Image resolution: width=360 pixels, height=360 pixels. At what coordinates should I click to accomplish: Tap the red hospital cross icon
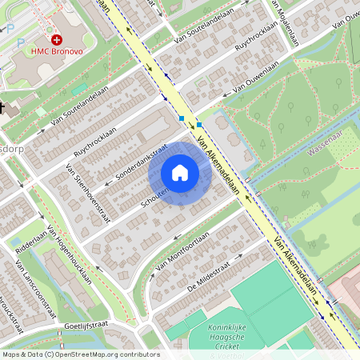(57, 39)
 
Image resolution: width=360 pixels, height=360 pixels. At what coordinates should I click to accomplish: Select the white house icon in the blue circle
(180, 173)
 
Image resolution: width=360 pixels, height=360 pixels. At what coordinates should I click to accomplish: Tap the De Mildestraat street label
(214, 271)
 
